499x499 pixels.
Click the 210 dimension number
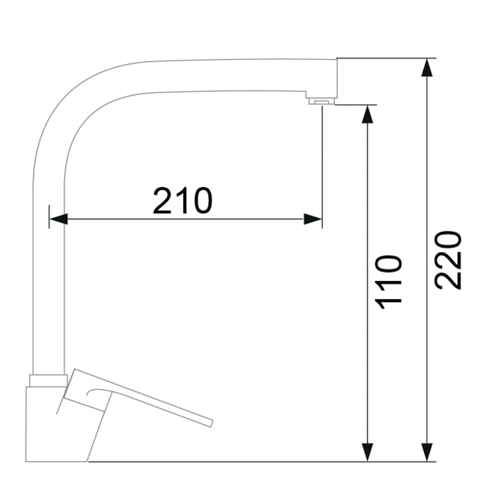point(182,200)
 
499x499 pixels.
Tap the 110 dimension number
point(389,282)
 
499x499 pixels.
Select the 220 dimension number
point(449,260)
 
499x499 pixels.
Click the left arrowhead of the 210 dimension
point(58,219)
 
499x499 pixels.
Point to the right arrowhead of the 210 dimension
point(313,219)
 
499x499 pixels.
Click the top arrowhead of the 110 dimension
point(368,114)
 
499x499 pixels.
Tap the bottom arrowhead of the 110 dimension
point(368,452)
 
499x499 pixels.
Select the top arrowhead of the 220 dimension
point(427,67)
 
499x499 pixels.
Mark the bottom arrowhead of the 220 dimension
point(427,452)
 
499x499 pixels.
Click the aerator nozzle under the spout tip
point(322,101)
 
